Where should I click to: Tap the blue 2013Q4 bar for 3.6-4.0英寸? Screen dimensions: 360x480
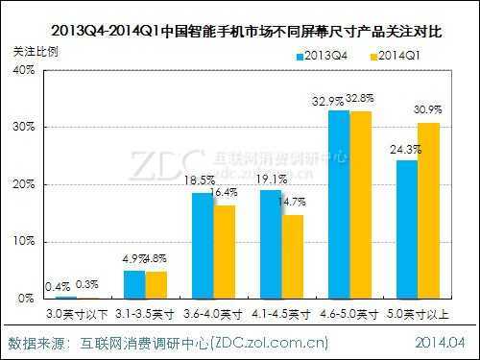pos(203,246)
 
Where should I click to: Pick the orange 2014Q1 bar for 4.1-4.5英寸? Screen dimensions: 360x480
pos(292,256)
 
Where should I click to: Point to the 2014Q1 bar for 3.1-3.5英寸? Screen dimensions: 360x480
pos(156,285)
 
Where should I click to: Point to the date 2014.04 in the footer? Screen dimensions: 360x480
pos(441,342)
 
